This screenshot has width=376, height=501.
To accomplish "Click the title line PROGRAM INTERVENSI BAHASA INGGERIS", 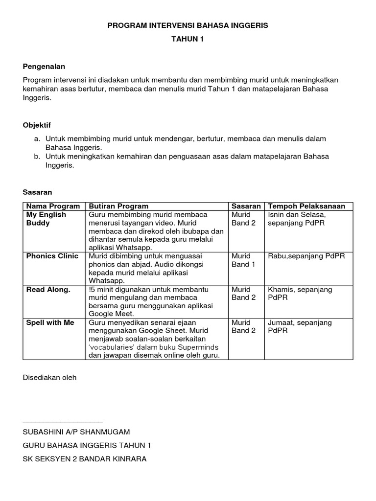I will click(188, 25).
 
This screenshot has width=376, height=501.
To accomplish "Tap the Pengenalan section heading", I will click(44, 66).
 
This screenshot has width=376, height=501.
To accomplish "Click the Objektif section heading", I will click(37, 125).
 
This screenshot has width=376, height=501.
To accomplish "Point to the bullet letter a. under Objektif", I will click(37, 139).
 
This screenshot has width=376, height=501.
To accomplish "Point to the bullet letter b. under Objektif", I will click(37, 157).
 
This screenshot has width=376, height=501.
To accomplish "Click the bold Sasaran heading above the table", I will click(37, 192).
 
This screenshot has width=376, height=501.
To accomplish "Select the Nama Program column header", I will click(53, 206).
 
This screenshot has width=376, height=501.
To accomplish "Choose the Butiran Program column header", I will click(118, 206).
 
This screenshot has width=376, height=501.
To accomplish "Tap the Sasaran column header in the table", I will click(246, 206).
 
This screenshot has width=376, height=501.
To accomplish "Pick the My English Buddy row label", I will click(46, 219).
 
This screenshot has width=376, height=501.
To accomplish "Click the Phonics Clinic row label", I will click(52, 256).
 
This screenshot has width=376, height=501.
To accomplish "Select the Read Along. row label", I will click(48, 289).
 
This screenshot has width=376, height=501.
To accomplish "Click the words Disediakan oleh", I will click(49, 377).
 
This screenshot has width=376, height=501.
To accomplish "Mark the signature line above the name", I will click(63, 421).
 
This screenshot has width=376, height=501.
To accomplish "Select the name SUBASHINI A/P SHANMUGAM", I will click(76, 432).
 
